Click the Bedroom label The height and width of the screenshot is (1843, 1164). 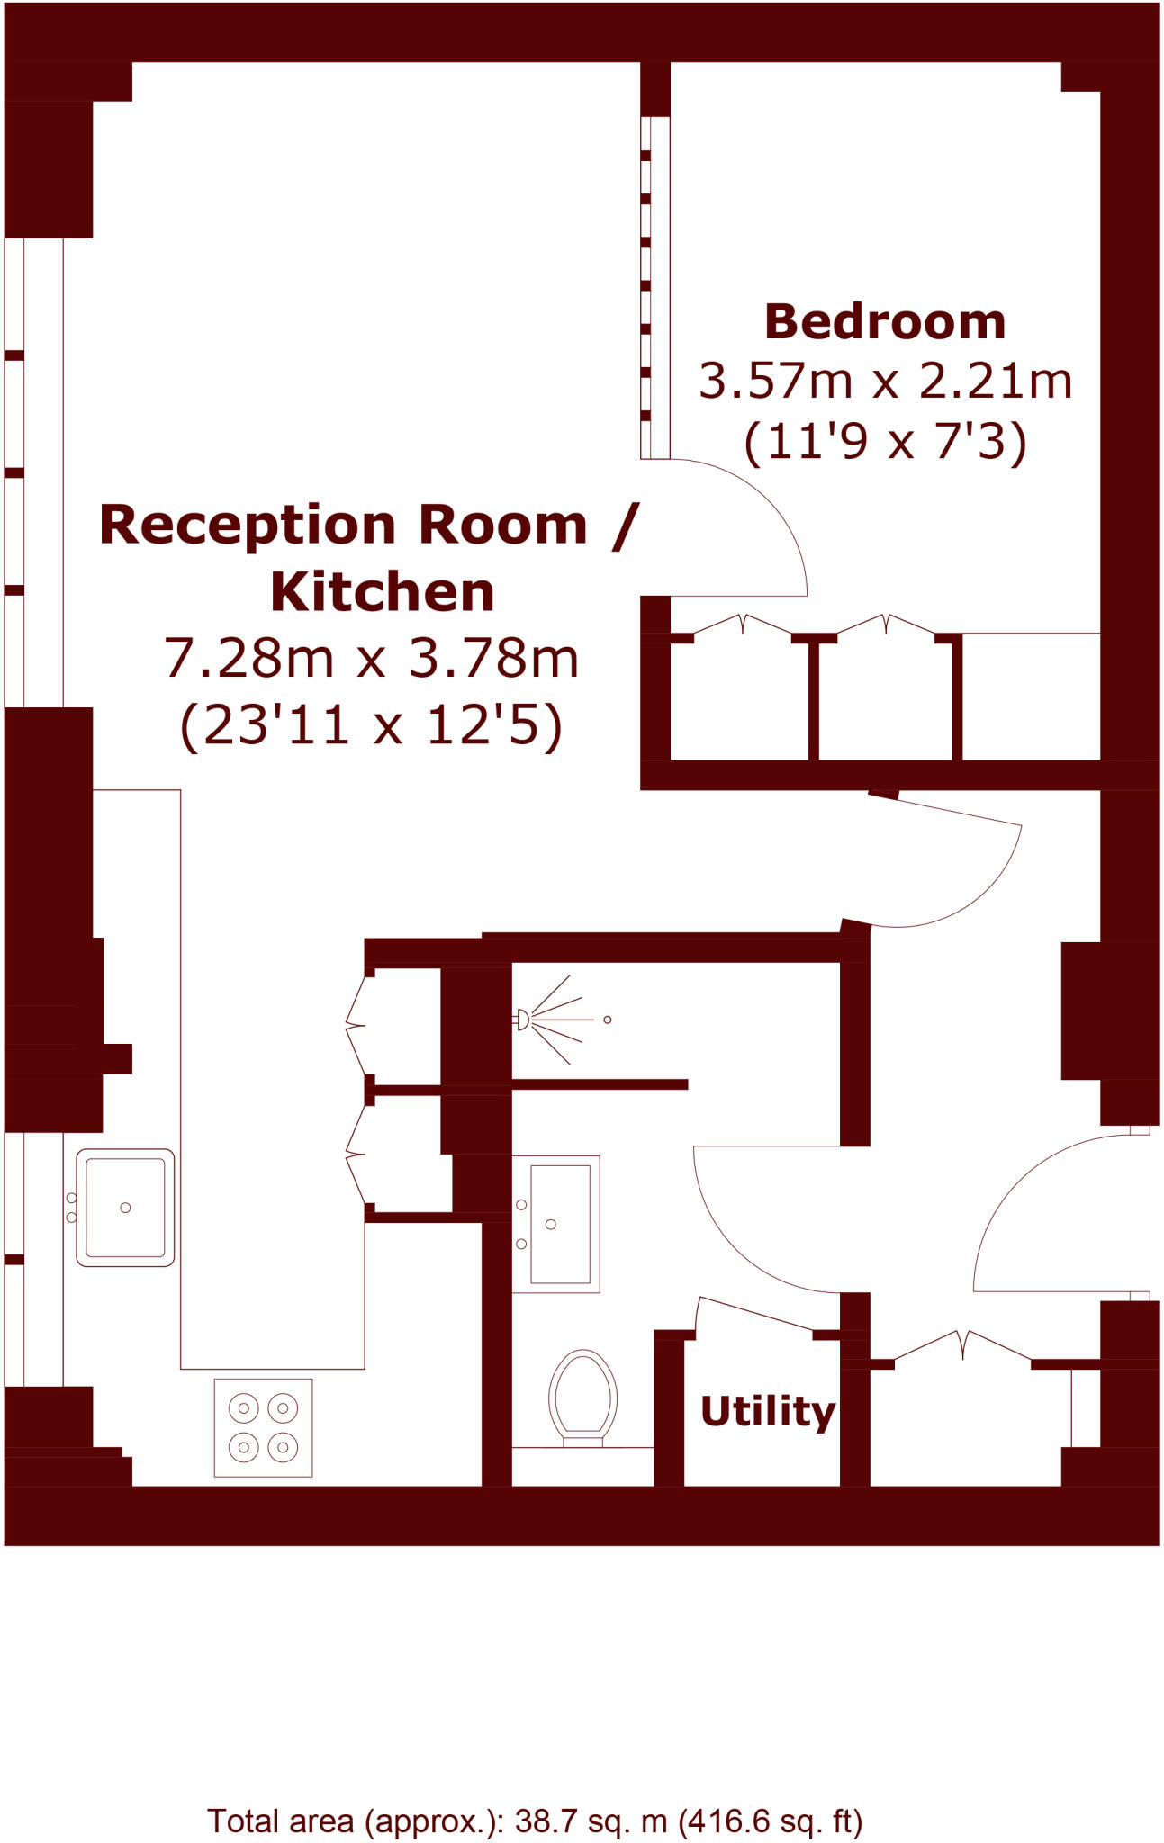click(885, 322)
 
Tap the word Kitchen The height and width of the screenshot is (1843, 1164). click(383, 592)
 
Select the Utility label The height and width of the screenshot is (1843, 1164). click(767, 1410)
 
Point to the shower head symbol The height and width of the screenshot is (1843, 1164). click(522, 1020)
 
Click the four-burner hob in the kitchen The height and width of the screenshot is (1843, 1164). click(263, 1427)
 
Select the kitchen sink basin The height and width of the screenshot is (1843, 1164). click(125, 1208)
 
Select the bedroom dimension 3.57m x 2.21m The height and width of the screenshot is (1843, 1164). click(885, 381)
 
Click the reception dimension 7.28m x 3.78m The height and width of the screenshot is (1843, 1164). click(371, 658)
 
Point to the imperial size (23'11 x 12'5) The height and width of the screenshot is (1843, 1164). click(371, 724)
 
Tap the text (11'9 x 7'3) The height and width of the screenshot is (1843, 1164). click(885, 442)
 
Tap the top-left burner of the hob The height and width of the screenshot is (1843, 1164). click(243, 1407)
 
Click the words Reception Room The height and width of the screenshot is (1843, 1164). click(342, 525)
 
